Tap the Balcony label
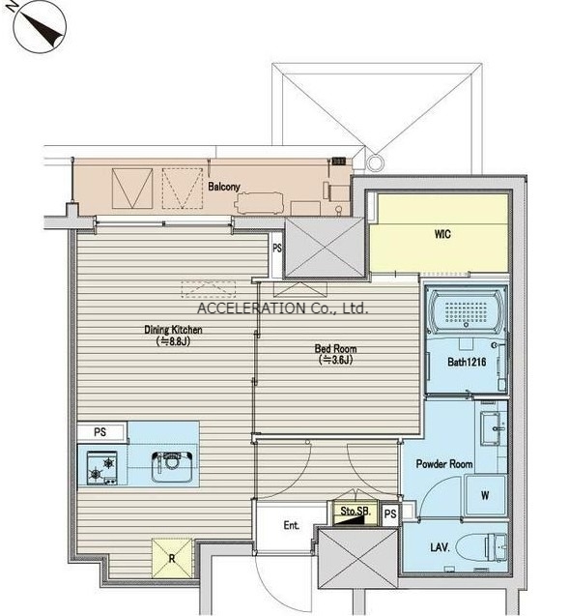[224, 187]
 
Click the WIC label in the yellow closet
[442, 235]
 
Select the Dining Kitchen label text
[173, 329]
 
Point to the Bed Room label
[335, 348]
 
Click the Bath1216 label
[467, 362]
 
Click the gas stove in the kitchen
[102, 468]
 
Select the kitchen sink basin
[172, 467]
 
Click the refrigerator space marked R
[172, 558]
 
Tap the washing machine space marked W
[485, 495]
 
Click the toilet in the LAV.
[482, 547]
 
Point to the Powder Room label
[444, 464]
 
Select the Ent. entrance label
[292, 525]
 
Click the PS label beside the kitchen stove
[100, 432]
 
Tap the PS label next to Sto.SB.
[390, 513]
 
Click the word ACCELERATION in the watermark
[251, 308]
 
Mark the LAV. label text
[440, 547]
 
